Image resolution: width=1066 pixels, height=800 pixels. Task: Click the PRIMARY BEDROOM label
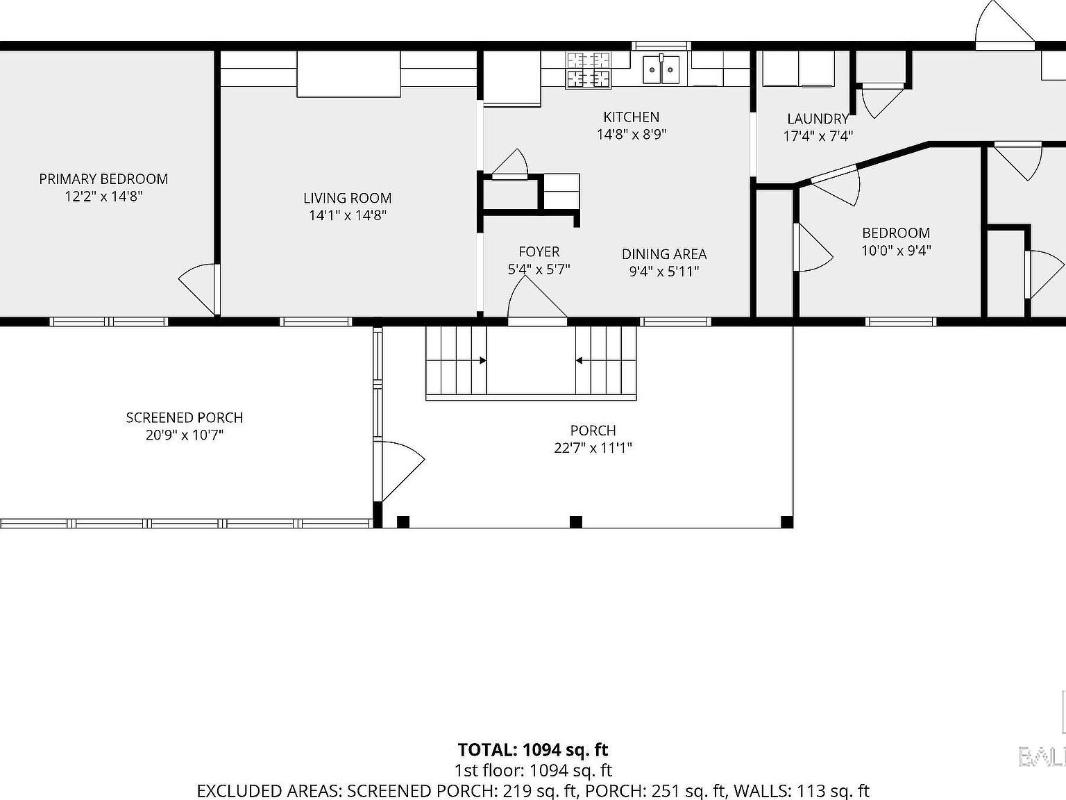[x=103, y=179]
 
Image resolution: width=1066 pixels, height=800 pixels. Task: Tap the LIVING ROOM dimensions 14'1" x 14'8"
[x=347, y=215]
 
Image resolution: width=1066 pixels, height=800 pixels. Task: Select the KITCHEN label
[x=631, y=117]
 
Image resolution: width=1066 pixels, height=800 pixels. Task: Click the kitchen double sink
[x=661, y=69]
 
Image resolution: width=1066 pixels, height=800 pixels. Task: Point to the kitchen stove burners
[x=589, y=70]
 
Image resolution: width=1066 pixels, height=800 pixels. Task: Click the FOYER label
[x=539, y=252]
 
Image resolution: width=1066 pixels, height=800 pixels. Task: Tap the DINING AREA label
[x=663, y=254]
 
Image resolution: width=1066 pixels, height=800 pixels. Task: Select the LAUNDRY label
[x=818, y=119]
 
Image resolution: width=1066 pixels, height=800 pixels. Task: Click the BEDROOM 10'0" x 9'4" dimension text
[x=895, y=251]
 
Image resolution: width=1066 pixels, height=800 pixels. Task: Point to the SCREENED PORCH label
[x=185, y=418]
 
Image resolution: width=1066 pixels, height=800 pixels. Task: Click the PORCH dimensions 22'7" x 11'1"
[x=593, y=448]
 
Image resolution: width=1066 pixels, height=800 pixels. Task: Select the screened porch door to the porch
[x=398, y=469]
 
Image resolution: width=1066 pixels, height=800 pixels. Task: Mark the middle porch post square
[x=575, y=522]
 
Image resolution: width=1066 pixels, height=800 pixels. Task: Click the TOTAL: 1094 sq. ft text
[x=532, y=750]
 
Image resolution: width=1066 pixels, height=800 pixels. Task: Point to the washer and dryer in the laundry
[x=798, y=69]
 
